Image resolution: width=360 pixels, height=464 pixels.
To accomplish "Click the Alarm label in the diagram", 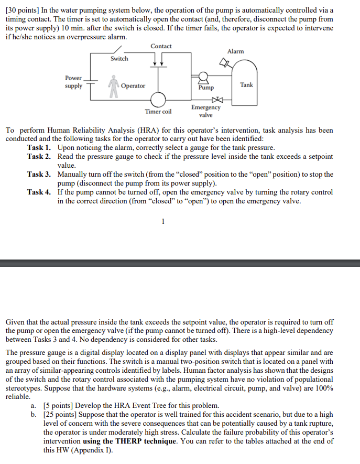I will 235,51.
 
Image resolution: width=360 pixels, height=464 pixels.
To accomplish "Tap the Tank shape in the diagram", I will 246,79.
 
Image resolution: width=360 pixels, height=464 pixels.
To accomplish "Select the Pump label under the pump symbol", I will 206,89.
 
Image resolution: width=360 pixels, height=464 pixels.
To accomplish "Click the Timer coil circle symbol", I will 158,99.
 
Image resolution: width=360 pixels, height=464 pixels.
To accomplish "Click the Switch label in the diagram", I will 119,59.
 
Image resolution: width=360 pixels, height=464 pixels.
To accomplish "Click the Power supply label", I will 73,82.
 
